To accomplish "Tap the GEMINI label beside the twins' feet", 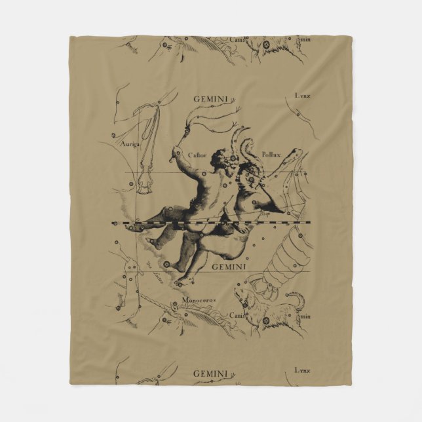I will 230,267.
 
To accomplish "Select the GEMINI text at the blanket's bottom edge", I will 209,374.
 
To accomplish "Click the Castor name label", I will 197,155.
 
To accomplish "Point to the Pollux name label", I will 270,155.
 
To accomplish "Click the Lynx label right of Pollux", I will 302,96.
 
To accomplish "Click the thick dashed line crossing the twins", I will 210,223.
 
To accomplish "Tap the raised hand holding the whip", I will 175,153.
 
